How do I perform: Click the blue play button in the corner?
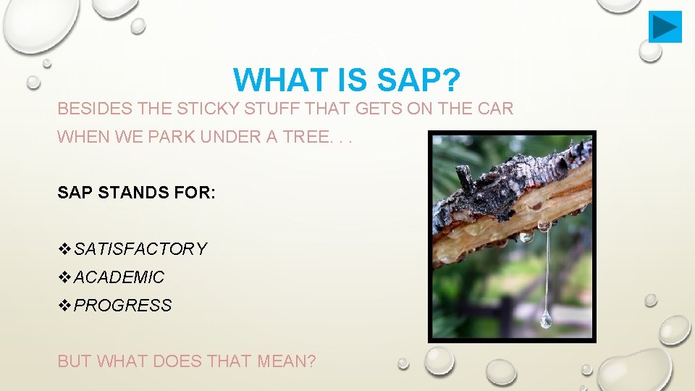(665, 27)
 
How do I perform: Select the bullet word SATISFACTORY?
(140, 249)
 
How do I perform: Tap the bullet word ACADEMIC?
(119, 277)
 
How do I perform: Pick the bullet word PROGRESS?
(123, 306)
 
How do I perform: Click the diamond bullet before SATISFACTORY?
(64, 249)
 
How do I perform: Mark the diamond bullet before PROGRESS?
(64, 306)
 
